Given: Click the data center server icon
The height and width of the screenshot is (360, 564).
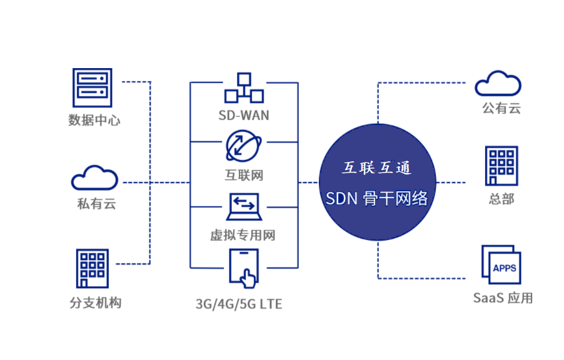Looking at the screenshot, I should pos(93,89).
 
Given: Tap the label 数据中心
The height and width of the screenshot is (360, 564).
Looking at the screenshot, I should pos(94,120).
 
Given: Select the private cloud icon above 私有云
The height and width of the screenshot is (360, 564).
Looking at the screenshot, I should pos(94,178).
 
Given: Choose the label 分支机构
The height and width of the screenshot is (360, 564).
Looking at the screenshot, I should pos(95,303).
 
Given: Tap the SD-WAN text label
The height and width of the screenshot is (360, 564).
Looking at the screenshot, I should pos(244,115).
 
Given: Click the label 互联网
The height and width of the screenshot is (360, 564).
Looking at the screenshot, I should pos(244,175).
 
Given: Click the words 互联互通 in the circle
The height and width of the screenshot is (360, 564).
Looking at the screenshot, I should pos(377,167).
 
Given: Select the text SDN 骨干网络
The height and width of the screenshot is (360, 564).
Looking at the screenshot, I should pos(377,199).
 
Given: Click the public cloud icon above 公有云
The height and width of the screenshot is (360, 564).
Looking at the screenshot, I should pos(498,84).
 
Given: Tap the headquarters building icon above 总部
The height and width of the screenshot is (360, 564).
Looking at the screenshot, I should pos(501,165).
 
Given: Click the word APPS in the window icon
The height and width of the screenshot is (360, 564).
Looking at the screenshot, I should pos(505,268).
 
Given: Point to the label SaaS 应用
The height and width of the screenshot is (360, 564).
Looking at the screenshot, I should pos(503,298).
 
